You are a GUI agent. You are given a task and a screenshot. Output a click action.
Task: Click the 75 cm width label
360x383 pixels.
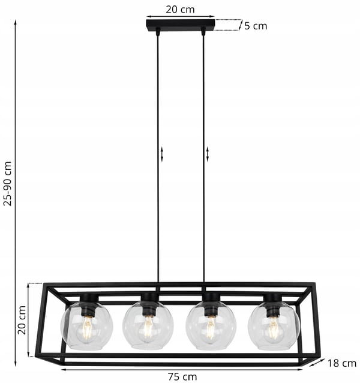tap(182, 376)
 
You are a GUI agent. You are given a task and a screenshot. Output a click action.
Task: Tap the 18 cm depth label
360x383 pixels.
tap(341, 363)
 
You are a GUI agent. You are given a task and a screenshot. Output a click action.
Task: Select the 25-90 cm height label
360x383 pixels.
tap(8, 184)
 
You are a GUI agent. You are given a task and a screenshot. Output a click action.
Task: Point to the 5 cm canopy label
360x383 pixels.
tap(256, 26)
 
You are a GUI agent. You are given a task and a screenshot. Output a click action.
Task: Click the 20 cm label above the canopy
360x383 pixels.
tap(181, 10)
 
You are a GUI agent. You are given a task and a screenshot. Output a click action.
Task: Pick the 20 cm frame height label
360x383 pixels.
tap(22, 320)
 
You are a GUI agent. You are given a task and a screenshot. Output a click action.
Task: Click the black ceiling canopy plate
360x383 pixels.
tap(181, 25)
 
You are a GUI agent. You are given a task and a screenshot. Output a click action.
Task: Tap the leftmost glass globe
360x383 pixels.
tap(86, 325)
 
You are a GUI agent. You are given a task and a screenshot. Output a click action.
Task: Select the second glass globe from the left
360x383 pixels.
tap(148, 325)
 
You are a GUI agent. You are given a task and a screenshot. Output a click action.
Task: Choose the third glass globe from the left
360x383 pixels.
tap(211, 325)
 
